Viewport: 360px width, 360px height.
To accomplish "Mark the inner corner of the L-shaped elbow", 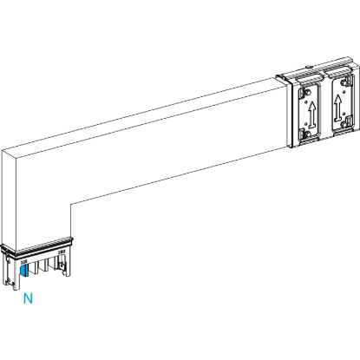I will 71,202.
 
